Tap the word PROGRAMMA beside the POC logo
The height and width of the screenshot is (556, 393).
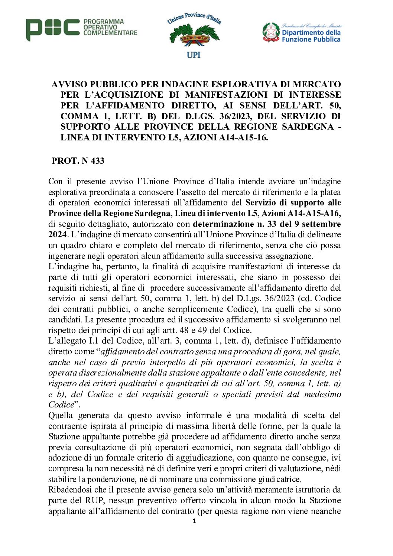(104, 22)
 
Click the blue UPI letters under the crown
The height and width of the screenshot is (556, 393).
(194, 55)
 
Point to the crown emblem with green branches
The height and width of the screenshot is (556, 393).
(194, 36)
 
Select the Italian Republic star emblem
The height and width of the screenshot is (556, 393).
(271, 32)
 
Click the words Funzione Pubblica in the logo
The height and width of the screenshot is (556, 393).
(311, 39)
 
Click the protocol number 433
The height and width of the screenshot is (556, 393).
(97, 161)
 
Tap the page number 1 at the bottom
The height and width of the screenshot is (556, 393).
(194, 521)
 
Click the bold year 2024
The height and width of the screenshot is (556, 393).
(58, 235)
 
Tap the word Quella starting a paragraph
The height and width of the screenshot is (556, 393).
(60, 415)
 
